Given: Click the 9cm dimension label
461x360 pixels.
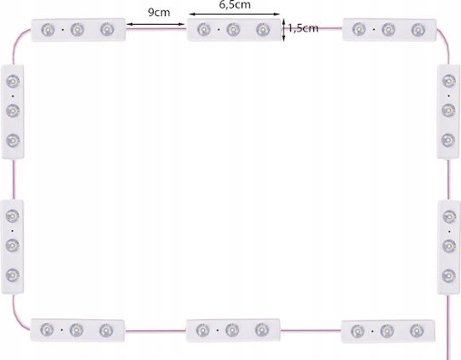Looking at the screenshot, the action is click(159, 12).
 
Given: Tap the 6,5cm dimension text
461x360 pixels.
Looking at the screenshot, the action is click(235, 4).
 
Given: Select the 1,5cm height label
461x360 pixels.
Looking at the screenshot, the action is click(303, 28).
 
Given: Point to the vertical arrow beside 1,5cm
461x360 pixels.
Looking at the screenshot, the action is click(283, 30).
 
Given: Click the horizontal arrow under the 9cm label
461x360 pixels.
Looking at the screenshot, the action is click(155, 25).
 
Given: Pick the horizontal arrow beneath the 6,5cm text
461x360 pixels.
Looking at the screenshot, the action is click(234, 14).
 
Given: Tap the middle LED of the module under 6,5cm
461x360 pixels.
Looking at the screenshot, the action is click(233, 29).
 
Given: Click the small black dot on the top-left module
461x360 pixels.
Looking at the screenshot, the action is click(62, 30).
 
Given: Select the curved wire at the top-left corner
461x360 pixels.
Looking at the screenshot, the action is click(18, 41).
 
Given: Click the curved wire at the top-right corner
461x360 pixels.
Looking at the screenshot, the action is click(445, 41).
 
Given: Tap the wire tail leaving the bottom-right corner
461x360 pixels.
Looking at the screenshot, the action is click(449, 327).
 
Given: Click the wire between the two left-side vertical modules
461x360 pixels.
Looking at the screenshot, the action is click(13, 179).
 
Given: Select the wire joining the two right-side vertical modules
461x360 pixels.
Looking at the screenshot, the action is click(449, 179).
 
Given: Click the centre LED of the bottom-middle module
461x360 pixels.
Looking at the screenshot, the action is click(232, 330).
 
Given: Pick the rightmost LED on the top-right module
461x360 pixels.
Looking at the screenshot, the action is click(418, 30).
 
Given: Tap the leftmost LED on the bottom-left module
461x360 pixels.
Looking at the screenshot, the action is click(47, 330).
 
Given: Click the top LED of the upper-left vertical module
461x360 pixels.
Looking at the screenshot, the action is click(13, 81).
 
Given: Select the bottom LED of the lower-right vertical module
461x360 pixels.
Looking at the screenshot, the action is click(449, 276).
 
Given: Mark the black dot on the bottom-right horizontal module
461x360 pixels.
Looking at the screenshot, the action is click(372, 331).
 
